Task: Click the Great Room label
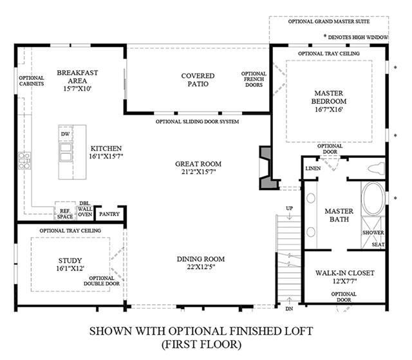(198, 164)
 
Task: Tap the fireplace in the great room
(268, 167)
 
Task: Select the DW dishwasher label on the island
(66, 134)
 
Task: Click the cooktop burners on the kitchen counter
(24, 160)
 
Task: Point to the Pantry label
(109, 214)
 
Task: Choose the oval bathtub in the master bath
(373, 199)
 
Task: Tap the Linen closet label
(313, 169)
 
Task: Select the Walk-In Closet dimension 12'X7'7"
(344, 281)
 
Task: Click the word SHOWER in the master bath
(373, 233)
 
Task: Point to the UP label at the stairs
(289, 209)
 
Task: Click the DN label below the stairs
(289, 309)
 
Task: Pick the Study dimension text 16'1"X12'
(70, 269)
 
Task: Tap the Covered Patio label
(198, 80)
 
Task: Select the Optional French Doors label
(254, 79)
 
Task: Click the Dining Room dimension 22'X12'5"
(201, 267)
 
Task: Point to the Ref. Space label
(65, 214)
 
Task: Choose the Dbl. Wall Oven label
(85, 209)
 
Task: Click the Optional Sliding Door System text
(197, 122)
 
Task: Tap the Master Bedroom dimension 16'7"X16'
(328, 109)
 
